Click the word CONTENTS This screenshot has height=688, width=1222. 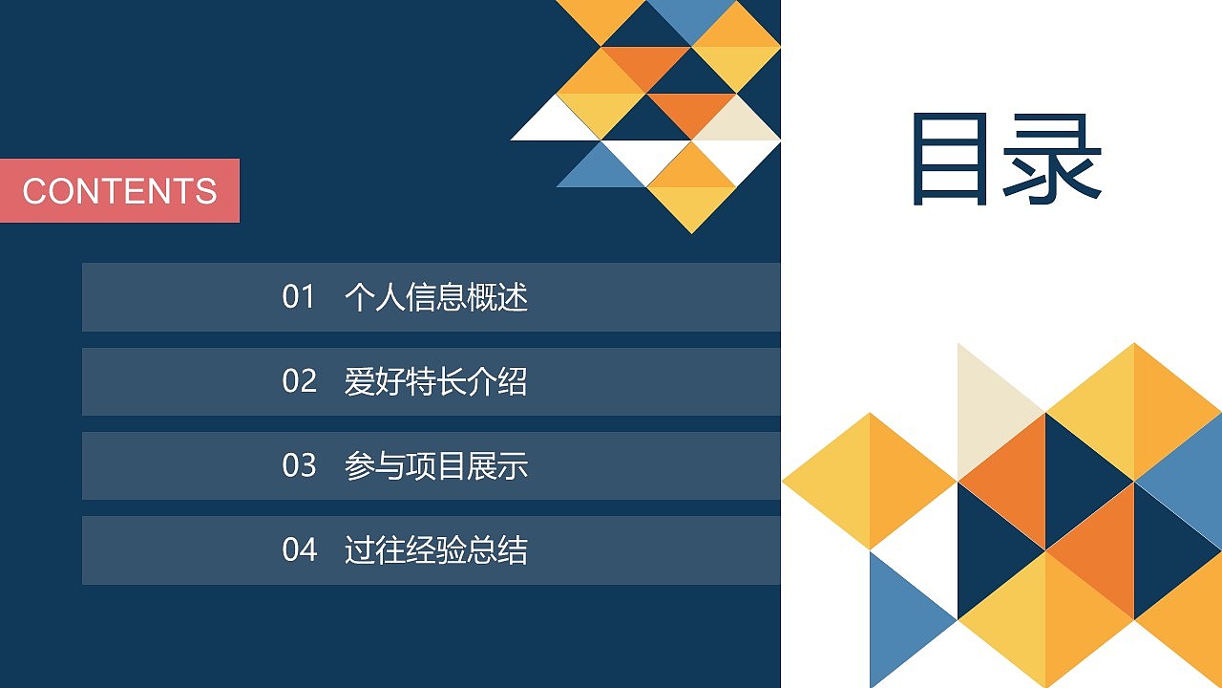pyautogui.click(x=119, y=191)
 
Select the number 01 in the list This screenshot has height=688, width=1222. pyautogui.click(x=298, y=297)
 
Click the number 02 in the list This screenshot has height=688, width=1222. pyautogui.click(x=298, y=381)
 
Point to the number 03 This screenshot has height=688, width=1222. pyautogui.click(x=298, y=465)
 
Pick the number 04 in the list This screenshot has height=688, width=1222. pyautogui.click(x=298, y=549)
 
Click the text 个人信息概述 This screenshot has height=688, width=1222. pyautogui.click(x=435, y=297)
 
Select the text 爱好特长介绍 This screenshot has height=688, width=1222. pyautogui.click(x=435, y=381)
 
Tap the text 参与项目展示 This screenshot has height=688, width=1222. pyautogui.click(x=435, y=465)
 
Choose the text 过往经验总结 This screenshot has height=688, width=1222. pyautogui.click(x=435, y=549)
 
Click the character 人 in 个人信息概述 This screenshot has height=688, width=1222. pyautogui.click(x=390, y=297)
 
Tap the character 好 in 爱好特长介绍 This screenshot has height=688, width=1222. pyautogui.click(x=390, y=381)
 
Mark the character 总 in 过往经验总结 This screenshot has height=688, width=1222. pyautogui.click(x=481, y=549)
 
